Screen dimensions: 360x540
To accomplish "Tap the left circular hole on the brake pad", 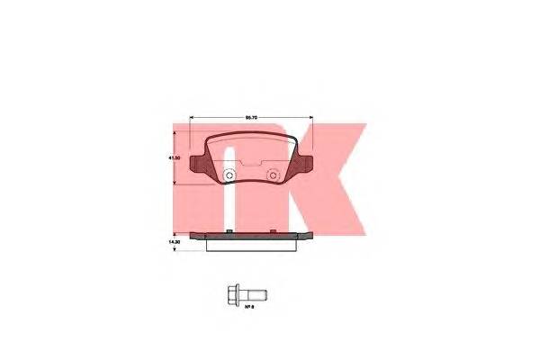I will [x=229, y=175].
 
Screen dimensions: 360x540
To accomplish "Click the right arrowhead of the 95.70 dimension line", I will [x=311, y=119].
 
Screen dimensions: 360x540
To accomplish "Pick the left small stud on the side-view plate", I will [x=230, y=232].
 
